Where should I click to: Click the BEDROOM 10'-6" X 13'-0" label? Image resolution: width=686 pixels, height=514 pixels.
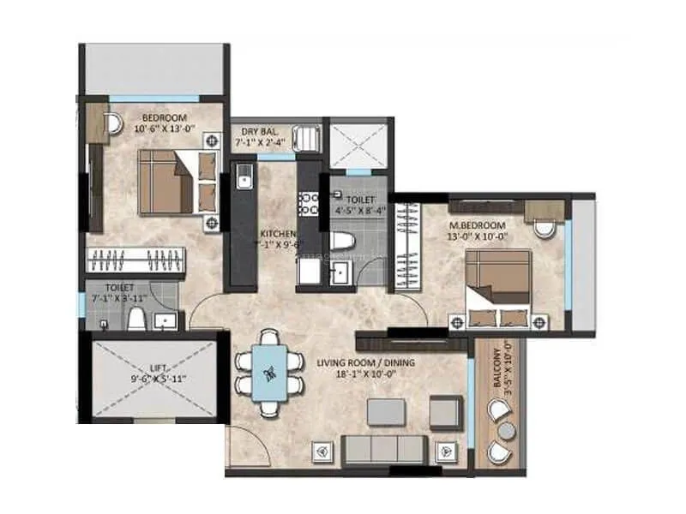pos(168,123)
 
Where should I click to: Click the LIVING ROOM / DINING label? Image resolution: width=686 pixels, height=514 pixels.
pos(365,368)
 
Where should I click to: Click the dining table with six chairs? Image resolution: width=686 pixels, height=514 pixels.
pos(270,370)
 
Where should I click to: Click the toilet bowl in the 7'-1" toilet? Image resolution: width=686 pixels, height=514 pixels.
pos(135,319)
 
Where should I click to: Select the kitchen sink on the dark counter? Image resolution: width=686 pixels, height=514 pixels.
pos(243,181)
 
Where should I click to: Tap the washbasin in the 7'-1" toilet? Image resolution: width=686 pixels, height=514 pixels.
pos(165,320)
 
